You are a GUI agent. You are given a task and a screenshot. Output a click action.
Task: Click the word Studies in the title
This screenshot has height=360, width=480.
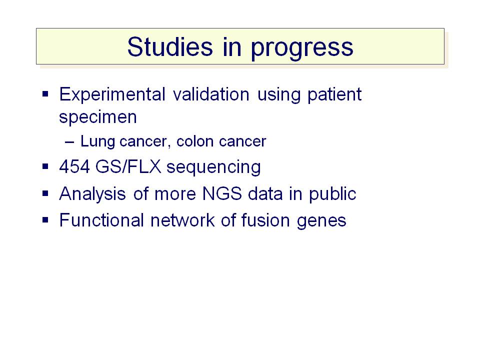pyautogui.click(x=170, y=47)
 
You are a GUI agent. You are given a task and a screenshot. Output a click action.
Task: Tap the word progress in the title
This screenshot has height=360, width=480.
pyautogui.click(x=302, y=49)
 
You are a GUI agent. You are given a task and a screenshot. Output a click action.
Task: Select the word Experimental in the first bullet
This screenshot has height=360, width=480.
pyautogui.click(x=112, y=94)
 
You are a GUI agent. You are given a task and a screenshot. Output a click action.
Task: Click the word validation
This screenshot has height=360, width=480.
pyautogui.click(x=211, y=94)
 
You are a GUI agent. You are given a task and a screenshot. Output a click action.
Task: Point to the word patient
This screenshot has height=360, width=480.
pyautogui.click(x=334, y=95)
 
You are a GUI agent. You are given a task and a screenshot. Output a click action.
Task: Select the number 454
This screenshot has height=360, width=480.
pyautogui.click(x=74, y=167)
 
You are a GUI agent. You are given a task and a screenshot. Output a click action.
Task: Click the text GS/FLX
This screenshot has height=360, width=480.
pyautogui.click(x=128, y=167)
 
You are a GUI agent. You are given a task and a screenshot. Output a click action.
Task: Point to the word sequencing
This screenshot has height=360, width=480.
pyautogui.click(x=213, y=168)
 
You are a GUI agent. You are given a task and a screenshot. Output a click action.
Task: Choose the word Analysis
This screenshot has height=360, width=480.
pyautogui.click(x=92, y=194)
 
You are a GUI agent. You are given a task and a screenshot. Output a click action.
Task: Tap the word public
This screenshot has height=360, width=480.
pyautogui.click(x=332, y=194)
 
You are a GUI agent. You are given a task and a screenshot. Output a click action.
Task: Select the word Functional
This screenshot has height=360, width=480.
pyautogui.click(x=101, y=220)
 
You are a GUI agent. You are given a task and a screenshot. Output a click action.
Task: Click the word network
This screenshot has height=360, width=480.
pyautogui.click(x=182, y=220)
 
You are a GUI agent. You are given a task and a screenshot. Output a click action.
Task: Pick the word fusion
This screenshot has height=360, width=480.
pyautogui.click(x=265, y=220)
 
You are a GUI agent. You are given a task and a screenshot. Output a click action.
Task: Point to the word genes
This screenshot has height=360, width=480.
pyautogui.click(x=321, y=221)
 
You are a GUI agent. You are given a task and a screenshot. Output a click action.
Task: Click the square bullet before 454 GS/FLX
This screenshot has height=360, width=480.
pyautogui.click(x=45, y=166)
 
